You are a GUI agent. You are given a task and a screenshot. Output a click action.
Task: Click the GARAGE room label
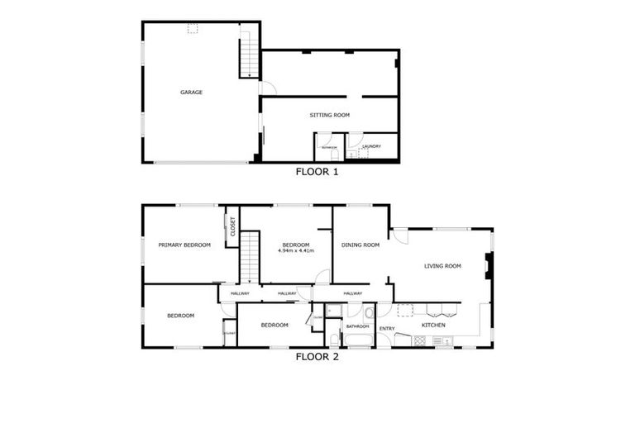pos(191,93)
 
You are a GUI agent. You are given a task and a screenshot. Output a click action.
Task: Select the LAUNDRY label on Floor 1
pos(372,146)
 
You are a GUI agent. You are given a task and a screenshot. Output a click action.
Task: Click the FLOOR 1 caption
pos(317,173)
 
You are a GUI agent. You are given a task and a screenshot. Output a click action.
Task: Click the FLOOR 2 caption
pos(317,358)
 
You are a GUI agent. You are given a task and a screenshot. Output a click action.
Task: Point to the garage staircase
pos(246,51)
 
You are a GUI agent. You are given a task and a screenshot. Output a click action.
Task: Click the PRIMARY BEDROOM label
pos(184,245)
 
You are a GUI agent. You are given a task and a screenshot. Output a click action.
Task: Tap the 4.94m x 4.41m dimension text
pos(296,250)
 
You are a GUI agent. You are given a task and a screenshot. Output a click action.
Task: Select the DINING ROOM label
pos(360,245)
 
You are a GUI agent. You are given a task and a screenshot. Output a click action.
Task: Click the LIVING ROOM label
pos(442,266)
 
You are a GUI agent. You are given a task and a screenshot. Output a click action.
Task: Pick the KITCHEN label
pos(433,325)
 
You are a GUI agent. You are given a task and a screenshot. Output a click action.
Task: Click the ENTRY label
pos(386,329)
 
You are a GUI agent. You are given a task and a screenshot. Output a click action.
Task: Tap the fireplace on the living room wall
pos(489,266)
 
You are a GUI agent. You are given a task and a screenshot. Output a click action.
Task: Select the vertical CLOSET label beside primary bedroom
pos(232,226)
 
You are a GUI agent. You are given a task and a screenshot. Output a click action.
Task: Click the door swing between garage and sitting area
pos(264,88)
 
